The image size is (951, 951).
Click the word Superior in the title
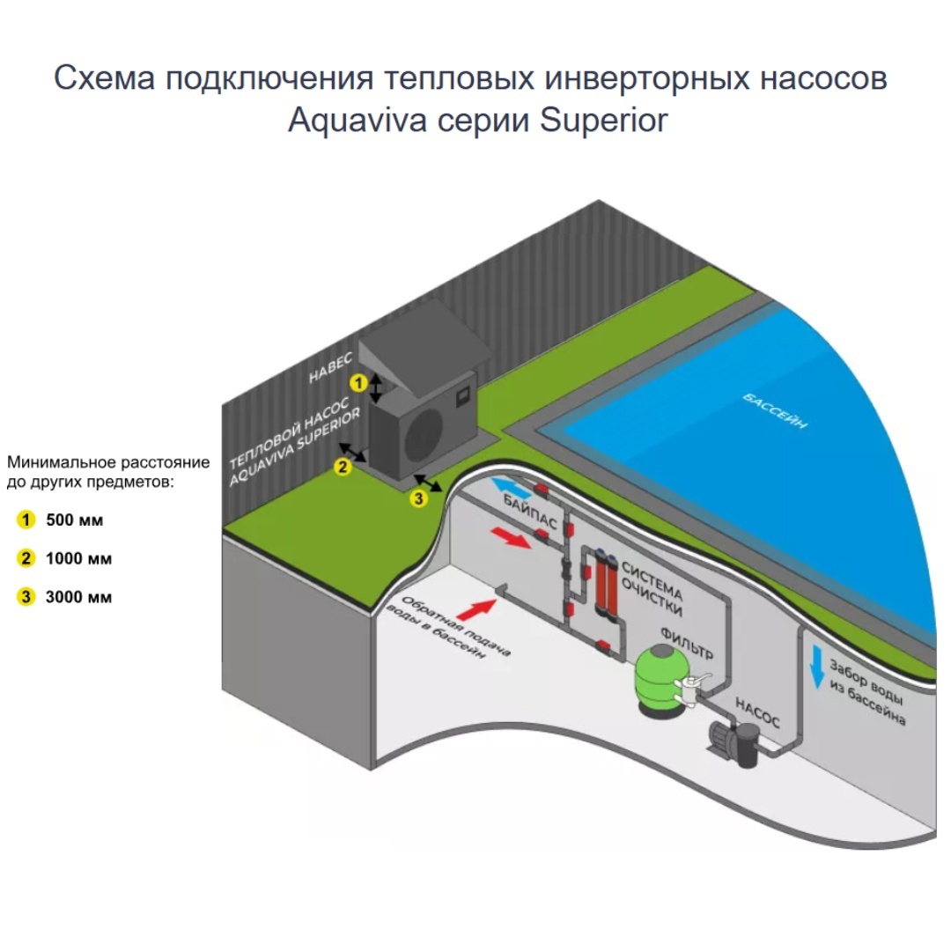pos(603,120)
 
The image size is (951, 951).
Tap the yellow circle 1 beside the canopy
pos(358,383)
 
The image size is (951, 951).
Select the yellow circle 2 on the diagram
pos(343,467)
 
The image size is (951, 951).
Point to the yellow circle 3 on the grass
pos(418,498)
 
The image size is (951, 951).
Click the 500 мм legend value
pos(75,520)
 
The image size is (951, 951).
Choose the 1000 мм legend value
pos(79,558)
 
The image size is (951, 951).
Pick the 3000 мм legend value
pos(79,597)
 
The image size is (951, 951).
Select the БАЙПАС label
pos(530,512)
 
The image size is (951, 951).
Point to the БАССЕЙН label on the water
pos(776,411)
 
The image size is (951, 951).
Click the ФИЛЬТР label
pos(687,644)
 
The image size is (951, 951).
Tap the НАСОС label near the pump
pos(757,713)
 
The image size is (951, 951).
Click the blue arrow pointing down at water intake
pos(817,667)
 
